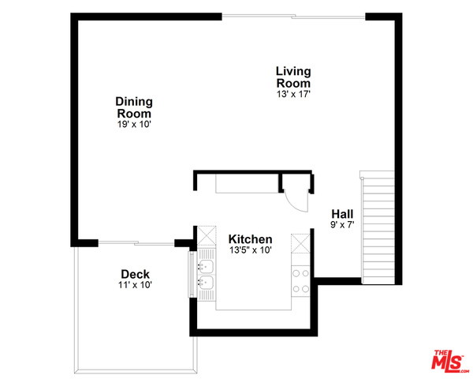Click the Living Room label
click(x=293, y=77)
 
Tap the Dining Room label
click(x=134, y=107)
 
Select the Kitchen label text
click(x=251, y=239)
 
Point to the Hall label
click(x=342, y=214)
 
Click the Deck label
click(x=135, y=274)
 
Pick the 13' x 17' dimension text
click(x=293, y=94)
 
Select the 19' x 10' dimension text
click(x=134, y=124)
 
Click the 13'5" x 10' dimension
click(x=251, y=250)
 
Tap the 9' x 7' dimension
click(x=342, y=225)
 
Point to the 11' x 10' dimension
click(x=135, y=285)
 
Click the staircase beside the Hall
click(x=378, y=228)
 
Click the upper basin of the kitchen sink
click(x=206, y=266)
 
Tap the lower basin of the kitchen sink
click(x=206, y=283)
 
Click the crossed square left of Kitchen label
click(x=207, y=235)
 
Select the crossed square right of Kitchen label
click(x=300, y=243)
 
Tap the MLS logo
click(x=449, y=361)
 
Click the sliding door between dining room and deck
click(x=136, y=242)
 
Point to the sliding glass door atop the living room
click(x=293, y=17)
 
